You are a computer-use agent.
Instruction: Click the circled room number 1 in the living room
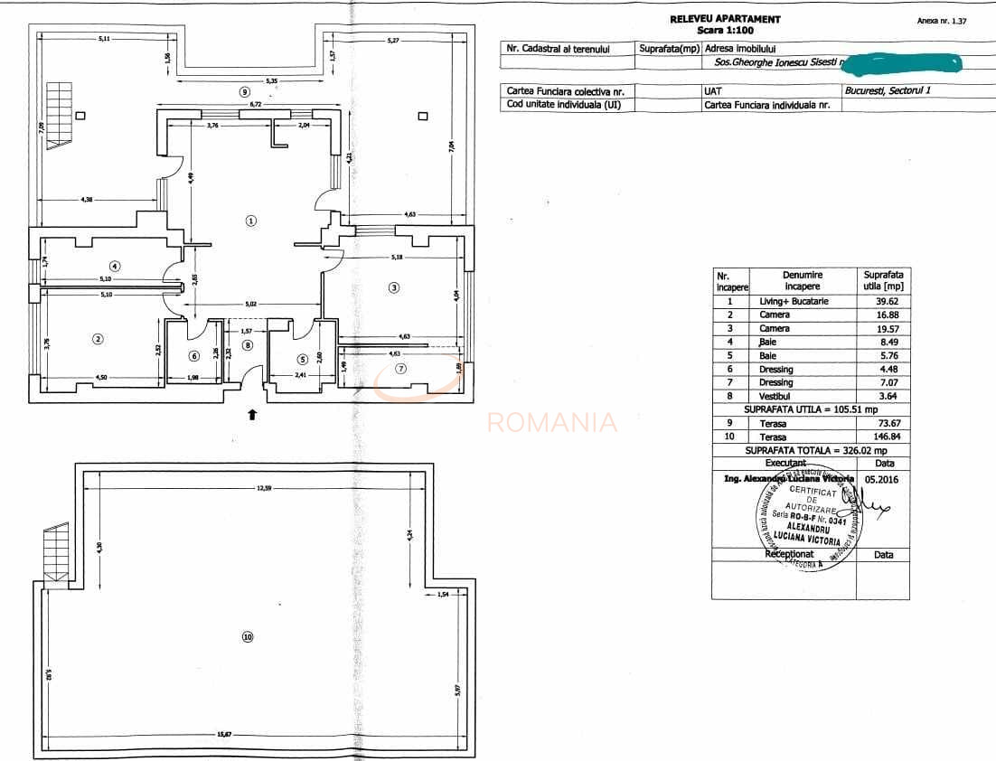coord(252,220)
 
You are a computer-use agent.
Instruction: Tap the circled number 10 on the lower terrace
coord(248,636)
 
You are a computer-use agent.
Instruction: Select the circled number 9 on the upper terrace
coord(244,91)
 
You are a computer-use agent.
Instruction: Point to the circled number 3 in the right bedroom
coord(393,288)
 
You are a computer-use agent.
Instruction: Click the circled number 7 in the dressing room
coord(401,368)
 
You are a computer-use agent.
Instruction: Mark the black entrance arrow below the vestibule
coord(252,414)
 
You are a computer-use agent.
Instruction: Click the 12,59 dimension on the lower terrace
coord(264,488)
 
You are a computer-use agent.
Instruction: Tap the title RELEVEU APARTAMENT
coord(725,19)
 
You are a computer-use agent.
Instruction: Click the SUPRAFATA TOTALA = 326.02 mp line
coord(810,449)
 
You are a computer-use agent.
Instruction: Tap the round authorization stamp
coord(803,519)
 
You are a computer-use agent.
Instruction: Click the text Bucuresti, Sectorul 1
coord(887,90)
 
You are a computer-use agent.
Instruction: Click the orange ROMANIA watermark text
coord(552,422)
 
